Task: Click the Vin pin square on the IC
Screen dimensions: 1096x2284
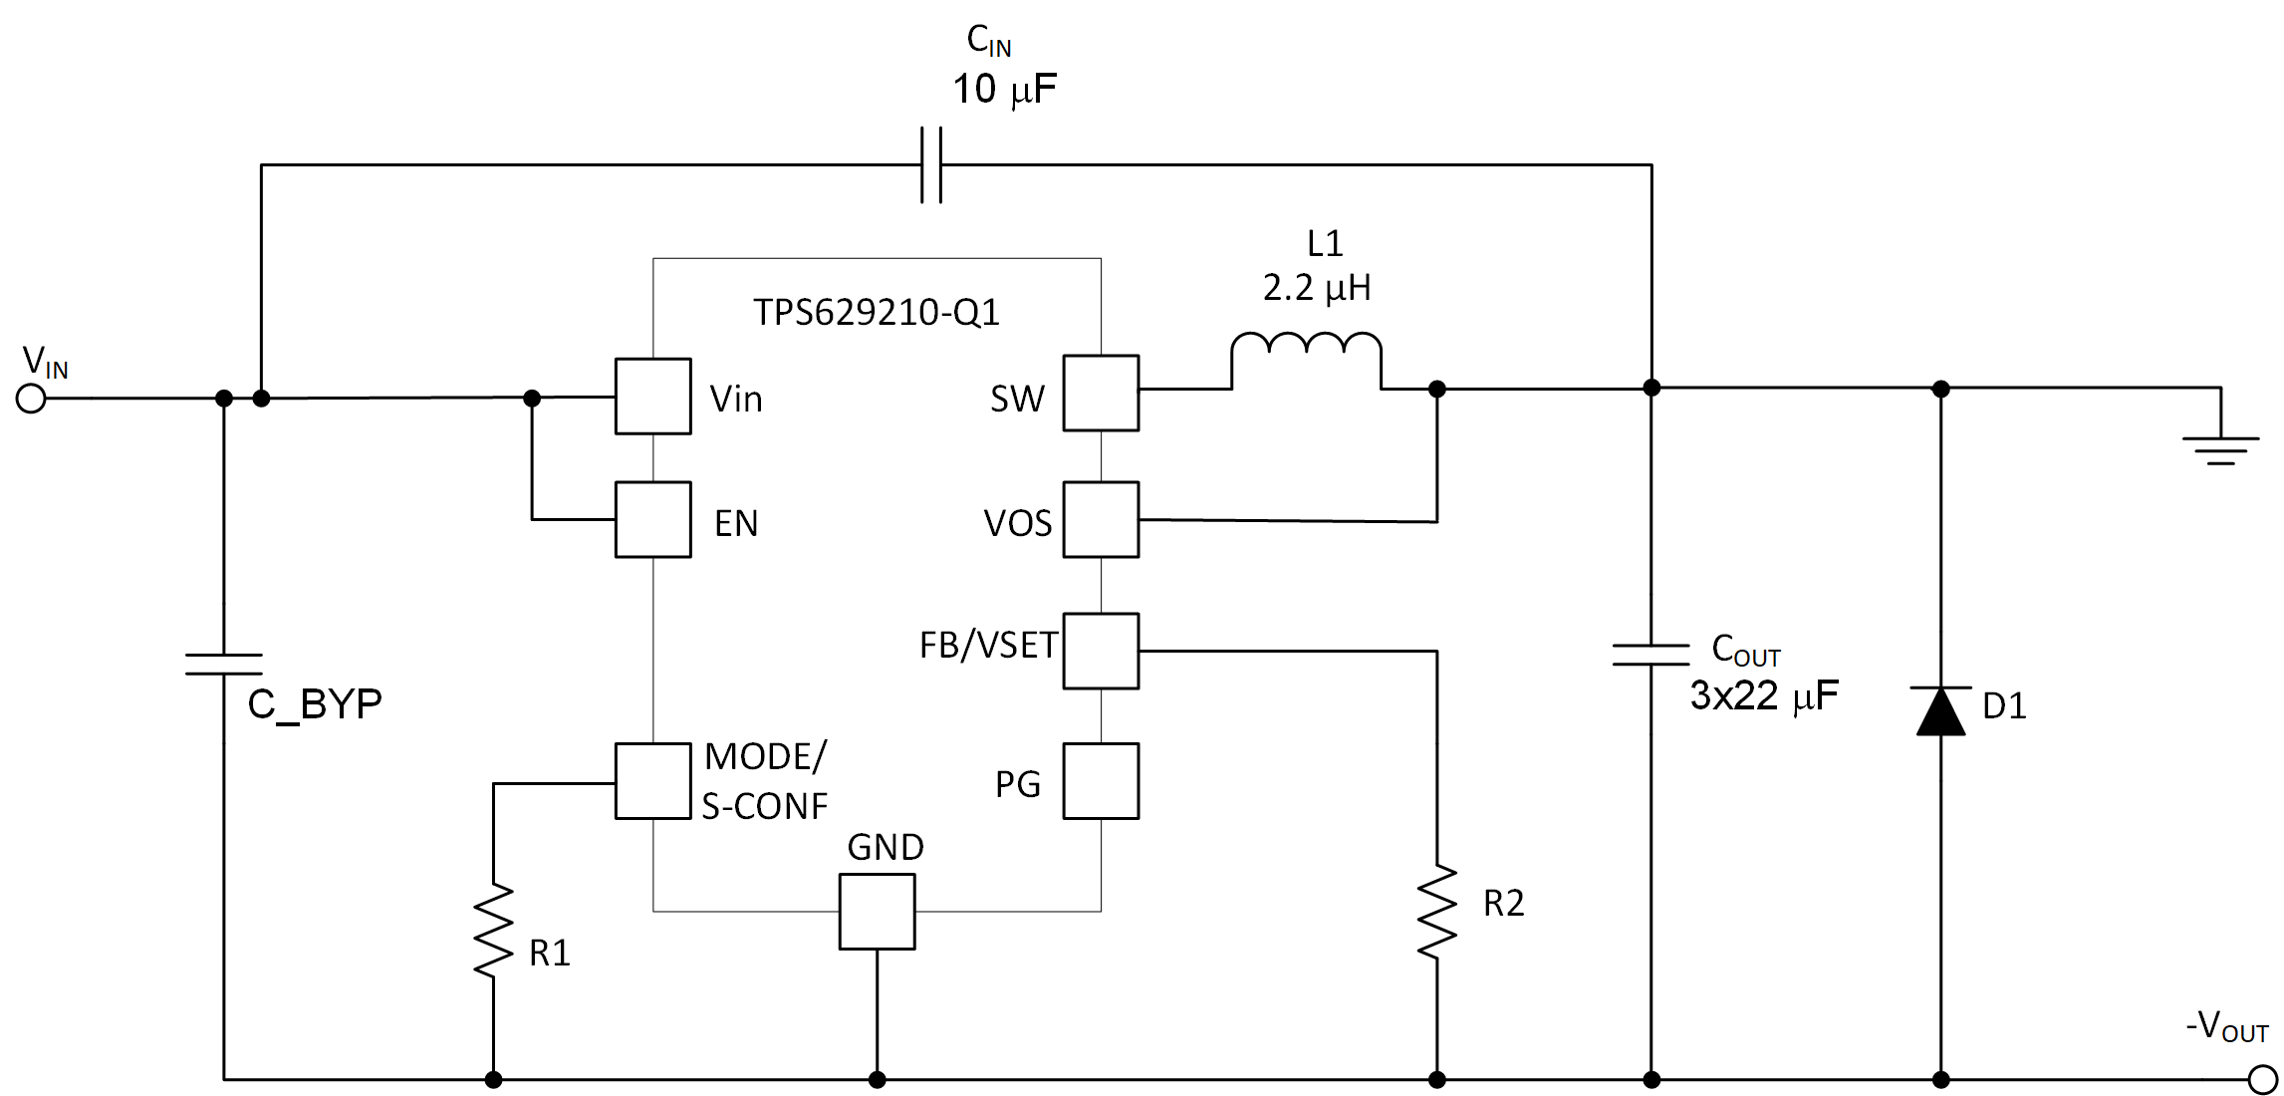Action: point(652,397)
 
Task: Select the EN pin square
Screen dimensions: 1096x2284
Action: point(652,519)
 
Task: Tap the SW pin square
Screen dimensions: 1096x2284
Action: point(1101,393)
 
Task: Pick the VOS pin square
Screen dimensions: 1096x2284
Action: point(1101,519)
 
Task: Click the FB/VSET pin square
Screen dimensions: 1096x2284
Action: point(1101,651)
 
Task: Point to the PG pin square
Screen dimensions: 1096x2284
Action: point(1101,781)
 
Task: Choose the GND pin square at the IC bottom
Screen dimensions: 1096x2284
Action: point(877,912)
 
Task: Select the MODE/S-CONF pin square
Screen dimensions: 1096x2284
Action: point(652,781)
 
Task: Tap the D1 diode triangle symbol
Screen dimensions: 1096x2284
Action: point(1940,711)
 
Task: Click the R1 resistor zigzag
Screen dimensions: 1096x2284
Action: point(493,930)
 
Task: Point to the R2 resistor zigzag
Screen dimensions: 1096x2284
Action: point(1436,912)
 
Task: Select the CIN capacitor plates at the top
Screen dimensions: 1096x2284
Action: point(931,165)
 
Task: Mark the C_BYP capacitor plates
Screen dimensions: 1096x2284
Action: point(223,665)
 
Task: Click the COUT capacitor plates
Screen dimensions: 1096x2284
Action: point(1650,655)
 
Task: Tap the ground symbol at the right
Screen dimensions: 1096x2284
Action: point(2220,449)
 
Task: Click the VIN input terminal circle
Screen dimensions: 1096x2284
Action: point(31,399)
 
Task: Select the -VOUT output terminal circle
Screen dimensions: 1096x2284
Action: point(2262,1079)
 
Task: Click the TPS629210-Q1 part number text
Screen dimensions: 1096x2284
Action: point(876,312)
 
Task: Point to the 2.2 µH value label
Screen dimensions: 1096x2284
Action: point(1316,288)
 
